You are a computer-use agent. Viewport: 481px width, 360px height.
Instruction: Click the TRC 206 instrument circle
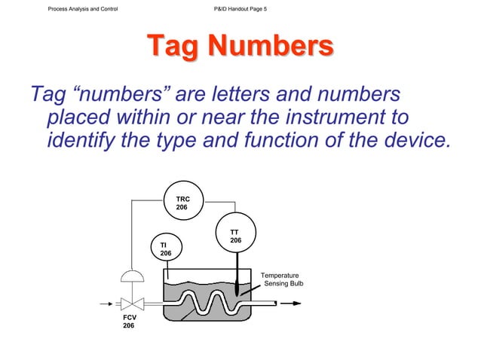(182, 202)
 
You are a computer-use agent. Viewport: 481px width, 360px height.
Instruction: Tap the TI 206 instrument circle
(166, 249)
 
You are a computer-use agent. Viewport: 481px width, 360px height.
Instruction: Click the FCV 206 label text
(129, 322)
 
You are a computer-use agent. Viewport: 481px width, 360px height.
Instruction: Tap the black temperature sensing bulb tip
(238, 287)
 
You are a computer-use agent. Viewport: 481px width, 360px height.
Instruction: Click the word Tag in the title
(172, 47)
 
